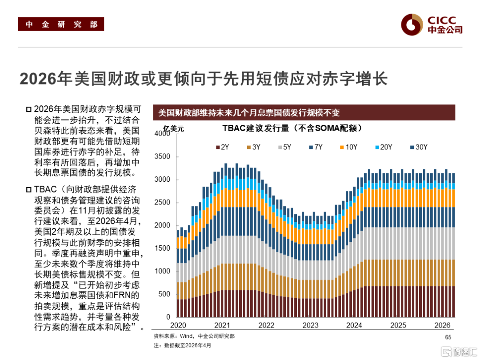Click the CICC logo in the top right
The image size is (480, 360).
tap(431, 24)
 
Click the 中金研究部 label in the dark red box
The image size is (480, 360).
tap(61, 24)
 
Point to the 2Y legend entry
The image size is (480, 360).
tap(222, 147)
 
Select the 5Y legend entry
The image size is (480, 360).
tap(284, 147)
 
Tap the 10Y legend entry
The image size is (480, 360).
tap(348, 147)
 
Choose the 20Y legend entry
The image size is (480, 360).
tap(382, 147)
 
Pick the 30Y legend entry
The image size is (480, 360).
tap(417, 147)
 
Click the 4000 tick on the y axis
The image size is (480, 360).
tap(163, 134)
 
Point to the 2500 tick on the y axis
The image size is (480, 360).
tap(163, 203)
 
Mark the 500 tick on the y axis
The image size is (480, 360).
tap(165, 294)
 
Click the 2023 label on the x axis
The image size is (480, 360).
tap(310, 325)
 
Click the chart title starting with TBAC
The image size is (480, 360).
tap(292, 128)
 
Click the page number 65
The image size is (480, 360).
tap(448, 337)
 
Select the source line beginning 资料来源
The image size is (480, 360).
tap(194, 336)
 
